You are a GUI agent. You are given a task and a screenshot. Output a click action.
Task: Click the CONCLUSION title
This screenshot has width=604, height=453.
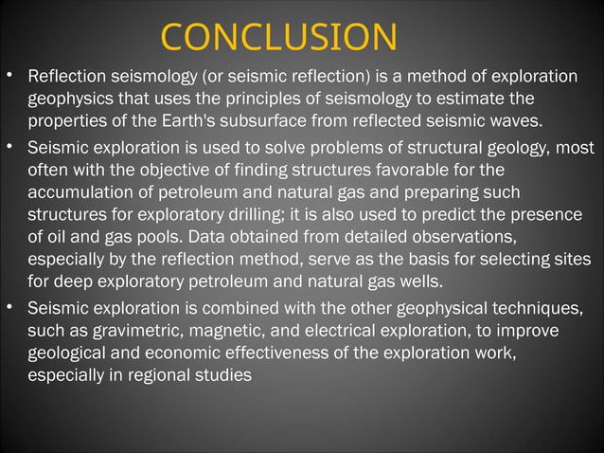point(278,37)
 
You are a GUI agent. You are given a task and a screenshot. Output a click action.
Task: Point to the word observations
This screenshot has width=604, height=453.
point(466,238)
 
